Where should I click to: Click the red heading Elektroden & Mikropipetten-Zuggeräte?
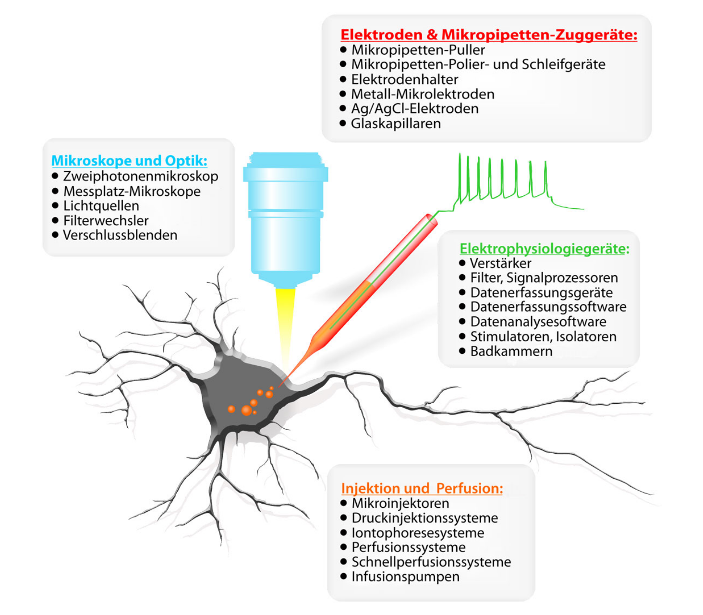(488, 35)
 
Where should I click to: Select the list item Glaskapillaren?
(396, 123)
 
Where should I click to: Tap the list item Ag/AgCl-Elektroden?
(414, 109)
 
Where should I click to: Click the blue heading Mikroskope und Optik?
(129, 160)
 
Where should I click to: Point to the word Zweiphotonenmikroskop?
(141, 176)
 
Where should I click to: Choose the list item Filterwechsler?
(106, 220)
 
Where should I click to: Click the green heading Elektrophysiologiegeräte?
(544, 248)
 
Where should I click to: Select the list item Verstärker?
(500, 263)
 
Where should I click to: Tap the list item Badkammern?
(511, 351)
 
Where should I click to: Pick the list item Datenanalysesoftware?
(538, 322)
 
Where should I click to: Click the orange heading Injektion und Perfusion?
(422, 488)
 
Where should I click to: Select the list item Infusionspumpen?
(405, 577)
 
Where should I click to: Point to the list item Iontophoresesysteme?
(418, 533)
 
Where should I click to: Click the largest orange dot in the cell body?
(246, 410)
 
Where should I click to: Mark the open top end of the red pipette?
(431, 220)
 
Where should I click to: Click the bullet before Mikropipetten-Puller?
(343, 49)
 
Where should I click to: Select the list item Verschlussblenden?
(120, 235)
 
